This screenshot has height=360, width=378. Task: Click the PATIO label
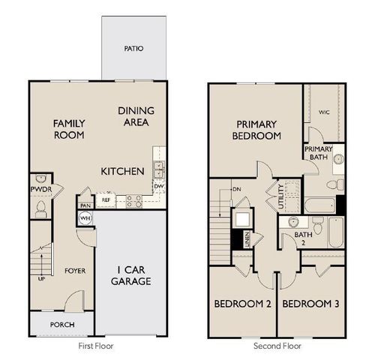(x=133, y=49)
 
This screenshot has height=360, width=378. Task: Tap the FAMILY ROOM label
(x=68, y=129)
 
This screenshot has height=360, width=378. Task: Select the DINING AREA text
(x=136, y=115)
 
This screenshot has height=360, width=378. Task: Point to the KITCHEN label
(x=122, y=172)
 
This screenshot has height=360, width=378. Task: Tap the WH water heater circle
(x=85, y=217)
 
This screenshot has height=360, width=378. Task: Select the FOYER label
(x=73, y=271)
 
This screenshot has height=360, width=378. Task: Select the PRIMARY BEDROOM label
(x=258, y=130)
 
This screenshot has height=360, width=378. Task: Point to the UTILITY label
(x=280, y=196)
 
